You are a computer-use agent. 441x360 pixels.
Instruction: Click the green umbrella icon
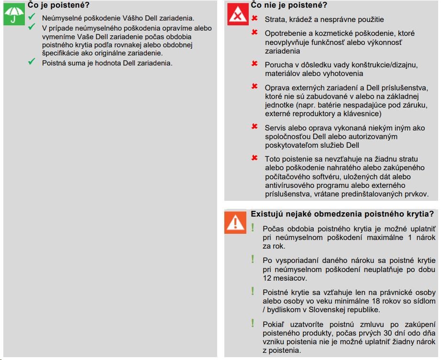(x=14, y=15)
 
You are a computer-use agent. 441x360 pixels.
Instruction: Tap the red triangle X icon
(x=236, y=15)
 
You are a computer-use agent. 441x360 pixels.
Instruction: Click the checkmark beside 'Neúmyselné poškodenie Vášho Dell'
(x=32, y=17)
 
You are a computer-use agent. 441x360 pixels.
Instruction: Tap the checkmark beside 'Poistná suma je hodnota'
(x=32, y=62)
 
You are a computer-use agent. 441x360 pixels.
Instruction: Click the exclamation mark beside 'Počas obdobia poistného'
(x=253, y=228)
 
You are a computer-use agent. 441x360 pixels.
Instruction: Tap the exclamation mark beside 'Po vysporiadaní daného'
(x=253, y=260)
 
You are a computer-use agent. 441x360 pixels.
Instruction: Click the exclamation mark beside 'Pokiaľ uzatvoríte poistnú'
(x=253, y=324)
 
